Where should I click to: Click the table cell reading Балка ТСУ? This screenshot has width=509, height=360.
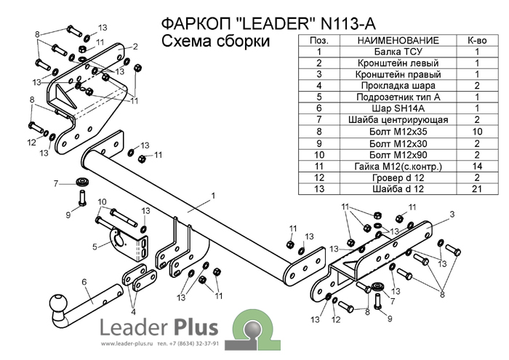pos(393,52)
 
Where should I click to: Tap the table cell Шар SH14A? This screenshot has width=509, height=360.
pos(393,108)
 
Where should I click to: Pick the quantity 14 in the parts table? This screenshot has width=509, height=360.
pos(476,165)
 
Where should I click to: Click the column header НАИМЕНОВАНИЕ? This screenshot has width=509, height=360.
pos(393,40)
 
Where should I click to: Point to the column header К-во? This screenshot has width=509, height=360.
pos(476,40)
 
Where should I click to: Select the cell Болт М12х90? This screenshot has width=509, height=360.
pos(393,154)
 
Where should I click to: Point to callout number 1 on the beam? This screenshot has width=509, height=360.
pos(215,195)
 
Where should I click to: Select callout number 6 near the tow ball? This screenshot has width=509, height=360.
pos(84,281)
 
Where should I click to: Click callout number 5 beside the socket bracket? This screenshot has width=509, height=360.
pos(95,247)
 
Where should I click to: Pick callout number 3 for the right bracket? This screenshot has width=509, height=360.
pos(452,213)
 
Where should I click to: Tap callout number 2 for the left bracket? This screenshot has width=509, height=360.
pos(135,46)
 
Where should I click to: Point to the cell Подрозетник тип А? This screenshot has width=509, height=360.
pos(393,97)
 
